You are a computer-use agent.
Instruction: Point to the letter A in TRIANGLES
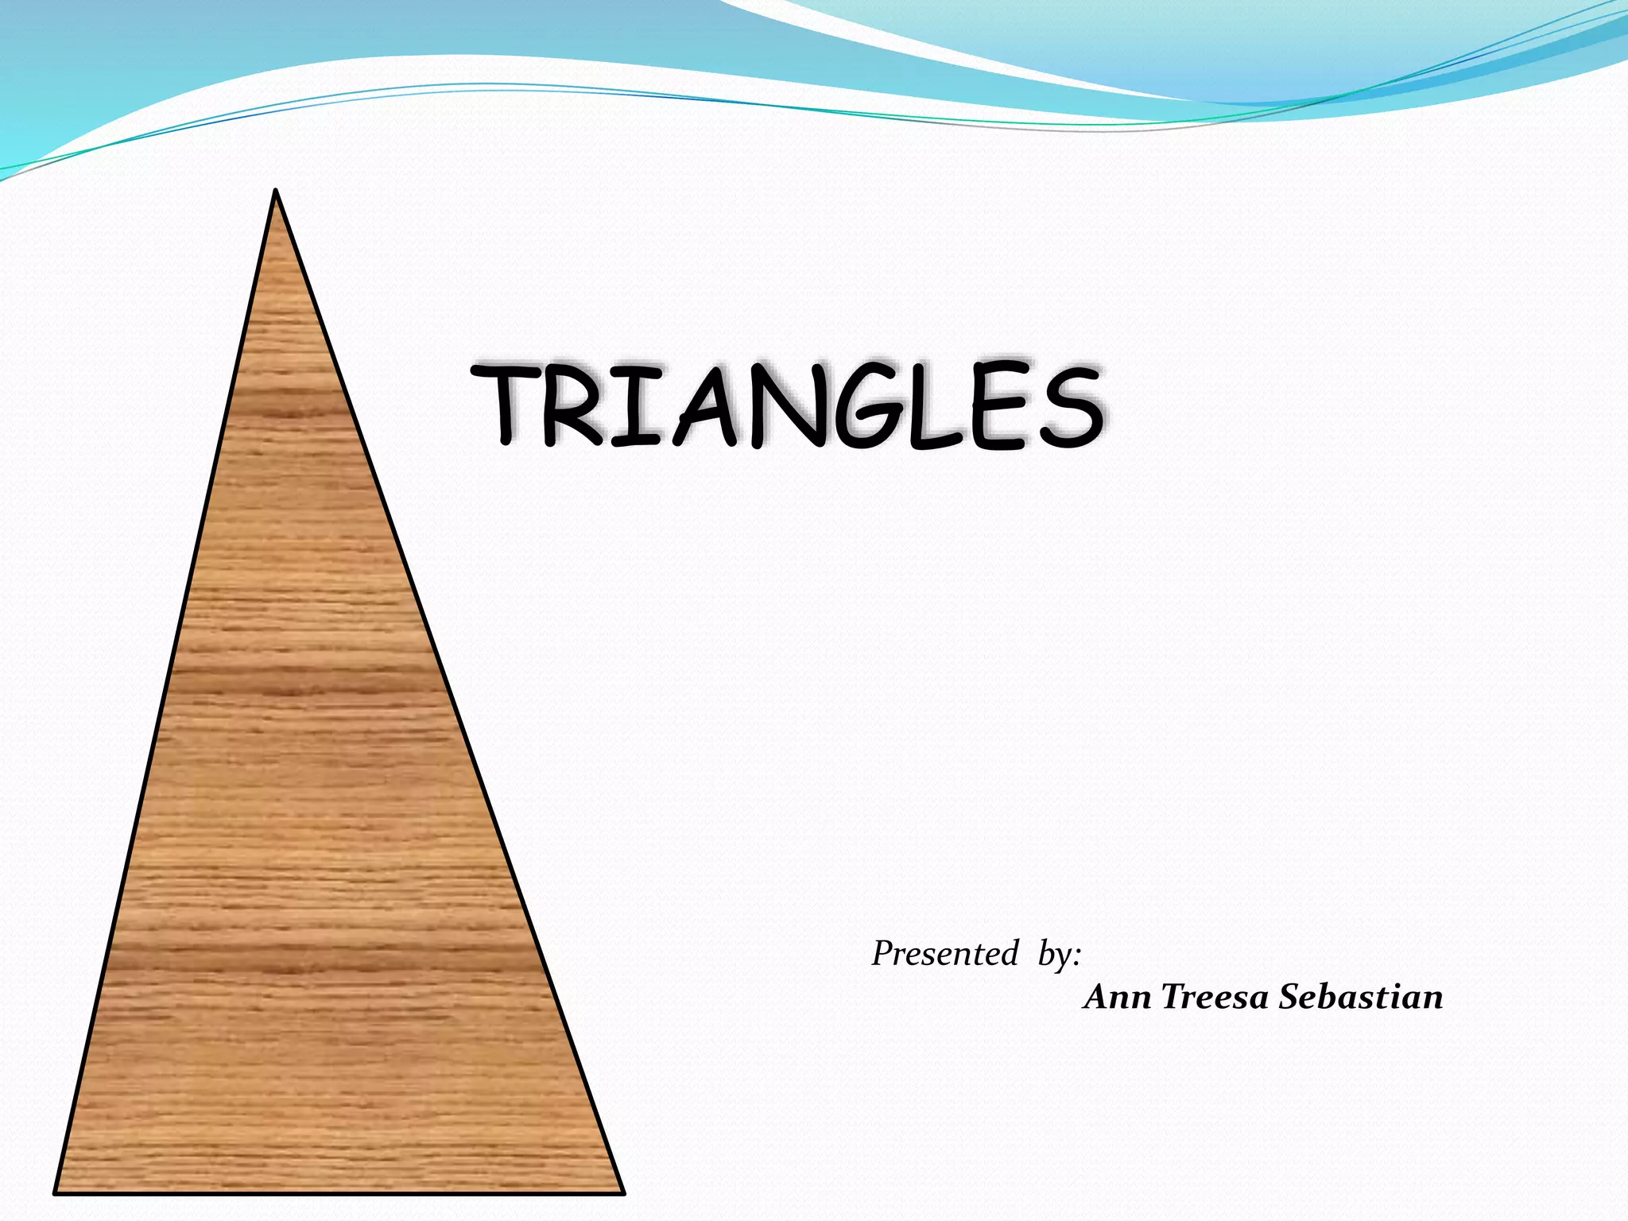coord(708,406)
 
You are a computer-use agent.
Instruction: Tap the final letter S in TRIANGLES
coord(1069,406)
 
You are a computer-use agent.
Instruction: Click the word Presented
coord(944,953)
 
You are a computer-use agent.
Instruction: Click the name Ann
coord(1116,997)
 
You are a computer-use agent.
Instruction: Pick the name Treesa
coord(1214,997)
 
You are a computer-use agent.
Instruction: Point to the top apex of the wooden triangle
coord(275,193)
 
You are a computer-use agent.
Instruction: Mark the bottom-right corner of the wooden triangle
coord(622,1191)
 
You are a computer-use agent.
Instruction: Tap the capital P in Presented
coord(882,953)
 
